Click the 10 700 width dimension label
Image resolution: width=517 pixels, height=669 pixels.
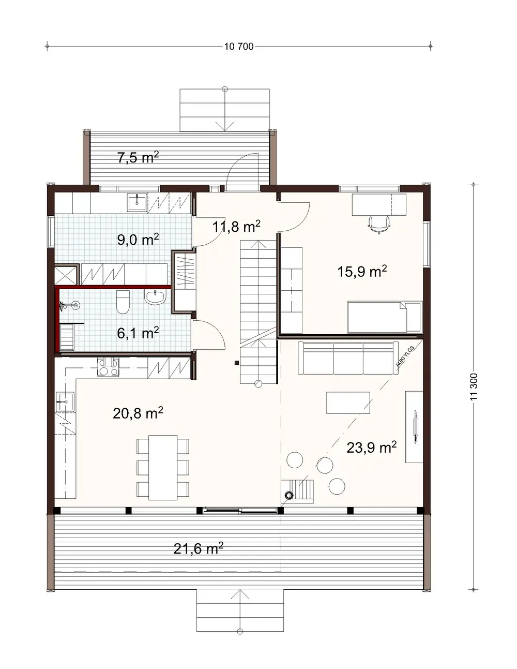pos(239,47)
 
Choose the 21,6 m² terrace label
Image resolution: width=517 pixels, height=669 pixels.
pos(198,548)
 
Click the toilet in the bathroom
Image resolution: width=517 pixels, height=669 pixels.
pos(123,303)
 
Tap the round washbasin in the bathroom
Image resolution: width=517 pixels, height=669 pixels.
pos(155,297)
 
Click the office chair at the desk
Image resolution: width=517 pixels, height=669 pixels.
pos(379,224)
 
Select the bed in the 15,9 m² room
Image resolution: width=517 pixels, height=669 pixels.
pos(385,317)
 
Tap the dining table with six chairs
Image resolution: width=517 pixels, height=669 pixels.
pos(163,467)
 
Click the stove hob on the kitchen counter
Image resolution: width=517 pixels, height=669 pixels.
pos(109,367)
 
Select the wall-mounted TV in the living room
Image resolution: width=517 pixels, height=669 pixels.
pos(416,427)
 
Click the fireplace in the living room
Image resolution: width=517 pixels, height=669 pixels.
pos(298,490)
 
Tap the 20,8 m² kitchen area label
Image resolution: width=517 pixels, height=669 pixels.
pos(138,413)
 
